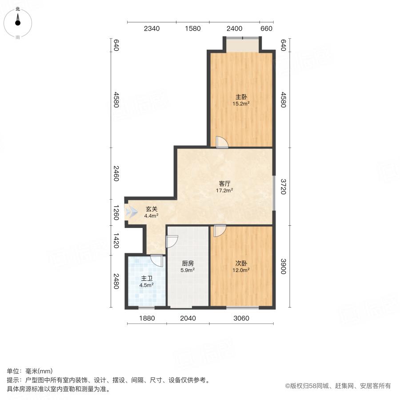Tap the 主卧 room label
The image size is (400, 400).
click(241, 97)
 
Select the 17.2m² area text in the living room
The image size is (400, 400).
click(224, 190)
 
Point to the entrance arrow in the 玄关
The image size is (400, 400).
click(132, 212)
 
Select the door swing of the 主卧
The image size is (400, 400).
click(221, 142)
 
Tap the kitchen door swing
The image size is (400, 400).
click(172, 241)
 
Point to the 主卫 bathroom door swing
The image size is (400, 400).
click(156, 260)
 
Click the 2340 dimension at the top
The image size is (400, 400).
click(151, 29)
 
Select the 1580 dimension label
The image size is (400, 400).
click(193, 29)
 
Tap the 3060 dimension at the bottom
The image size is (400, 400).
click(241, 318)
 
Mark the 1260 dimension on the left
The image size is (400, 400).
click(116, 213)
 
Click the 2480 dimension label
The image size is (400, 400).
click(116, 281)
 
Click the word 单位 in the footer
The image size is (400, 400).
click(13, 371)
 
